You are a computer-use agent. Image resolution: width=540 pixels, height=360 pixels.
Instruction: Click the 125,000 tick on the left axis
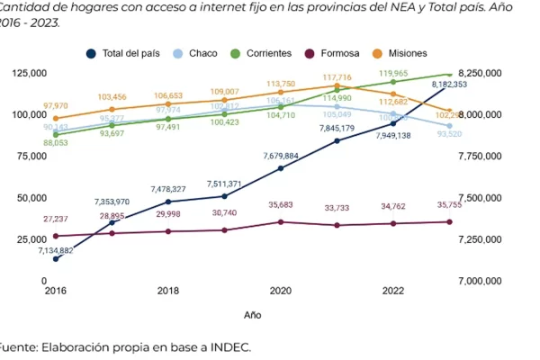[30, 73]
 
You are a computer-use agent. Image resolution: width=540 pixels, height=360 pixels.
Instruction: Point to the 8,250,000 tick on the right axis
[481, 73]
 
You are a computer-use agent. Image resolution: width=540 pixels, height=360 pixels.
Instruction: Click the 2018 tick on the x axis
[168, 292]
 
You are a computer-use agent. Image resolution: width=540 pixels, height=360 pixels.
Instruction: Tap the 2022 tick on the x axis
[393, 292]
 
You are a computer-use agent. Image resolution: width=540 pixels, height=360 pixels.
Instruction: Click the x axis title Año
[253, 316]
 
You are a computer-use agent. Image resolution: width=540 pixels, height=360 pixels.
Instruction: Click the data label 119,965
[392, 73]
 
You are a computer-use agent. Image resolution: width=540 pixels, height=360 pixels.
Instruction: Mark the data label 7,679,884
[281, 156]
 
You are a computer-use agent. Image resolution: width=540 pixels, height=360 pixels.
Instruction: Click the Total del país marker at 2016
[56, 259]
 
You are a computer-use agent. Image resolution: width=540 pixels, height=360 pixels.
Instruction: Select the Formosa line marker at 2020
[281, 221]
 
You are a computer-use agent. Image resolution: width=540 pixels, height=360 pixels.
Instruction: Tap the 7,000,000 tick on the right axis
[481, 281]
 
